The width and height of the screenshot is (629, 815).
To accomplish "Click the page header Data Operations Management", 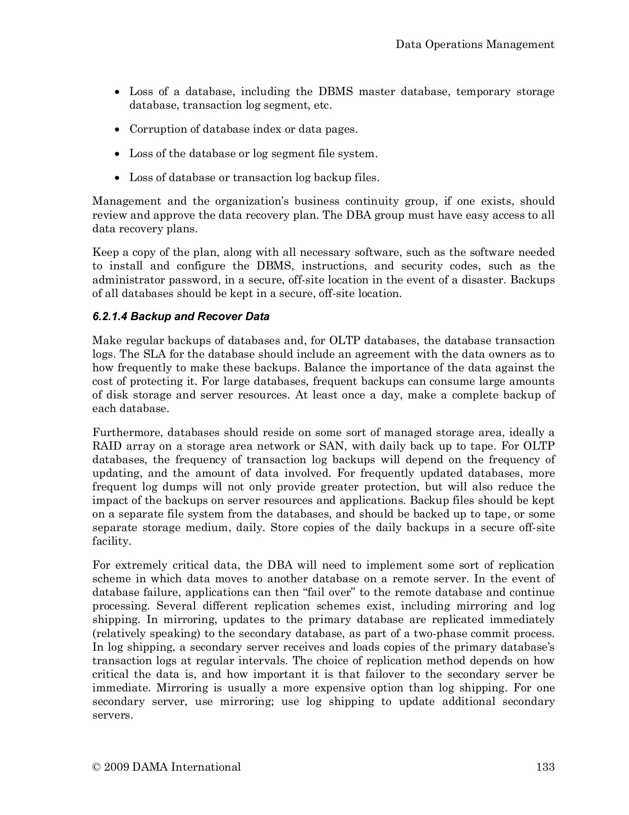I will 475,44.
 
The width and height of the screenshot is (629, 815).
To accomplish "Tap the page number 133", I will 545,767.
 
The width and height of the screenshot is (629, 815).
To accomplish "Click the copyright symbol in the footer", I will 96,767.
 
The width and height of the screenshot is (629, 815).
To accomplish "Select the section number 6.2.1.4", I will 110,316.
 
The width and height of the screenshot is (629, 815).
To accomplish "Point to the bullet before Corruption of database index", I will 118,130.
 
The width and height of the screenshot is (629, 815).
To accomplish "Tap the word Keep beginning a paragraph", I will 104,252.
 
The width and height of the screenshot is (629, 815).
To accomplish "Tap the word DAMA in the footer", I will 150,767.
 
